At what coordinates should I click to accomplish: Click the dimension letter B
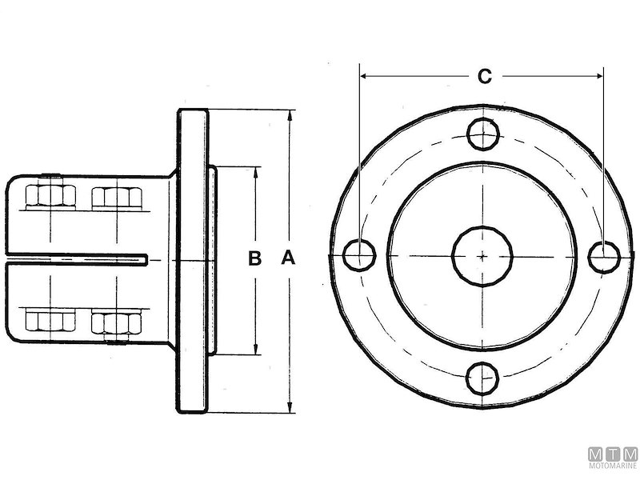[254, 258]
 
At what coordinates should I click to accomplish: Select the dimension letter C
[484, 77]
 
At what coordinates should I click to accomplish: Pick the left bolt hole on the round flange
[360, 255]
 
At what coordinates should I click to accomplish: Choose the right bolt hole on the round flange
[605, 255]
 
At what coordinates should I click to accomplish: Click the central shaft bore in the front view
[483, 255]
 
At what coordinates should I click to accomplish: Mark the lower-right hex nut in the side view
[116, 322]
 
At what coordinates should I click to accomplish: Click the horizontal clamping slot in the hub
[80, 258]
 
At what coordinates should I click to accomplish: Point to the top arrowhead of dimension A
[290, 116]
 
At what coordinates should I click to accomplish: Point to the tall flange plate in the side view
[193, 260]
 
